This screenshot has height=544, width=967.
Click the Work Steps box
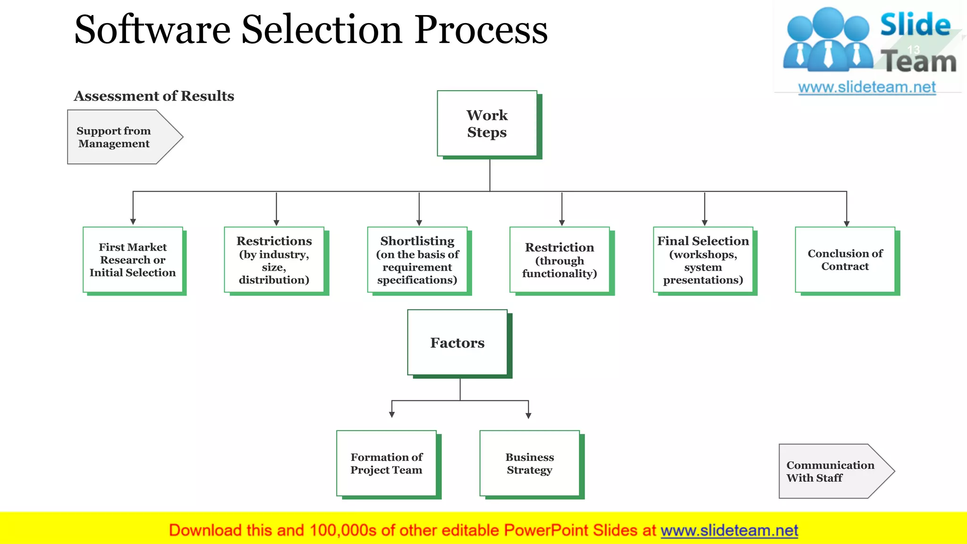(x=487, y=124)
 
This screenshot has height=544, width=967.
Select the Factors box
(x=457, y=343)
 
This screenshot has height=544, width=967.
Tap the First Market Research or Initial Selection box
(x=133, y=260)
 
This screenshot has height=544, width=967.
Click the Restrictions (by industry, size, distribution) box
(x=274, y=260)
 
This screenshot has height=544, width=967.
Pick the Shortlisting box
(x=417, y=260)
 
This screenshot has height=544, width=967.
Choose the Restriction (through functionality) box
(x=560, y=260)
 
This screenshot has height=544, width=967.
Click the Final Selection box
(x=703, y=260)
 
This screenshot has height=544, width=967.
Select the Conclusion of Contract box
(x=845, y=260)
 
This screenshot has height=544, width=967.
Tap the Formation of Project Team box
(x=386, y=463)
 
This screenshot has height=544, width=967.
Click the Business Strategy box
(x=529, y=463)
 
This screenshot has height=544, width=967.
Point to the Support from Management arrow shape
(x=118, y=137)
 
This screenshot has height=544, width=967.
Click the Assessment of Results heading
(x=154, y=96)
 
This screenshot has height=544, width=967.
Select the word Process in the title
(x=481, y=30)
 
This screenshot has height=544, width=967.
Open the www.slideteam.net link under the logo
(x=867, y=87)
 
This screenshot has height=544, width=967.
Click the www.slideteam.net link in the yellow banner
(x=729, y=530)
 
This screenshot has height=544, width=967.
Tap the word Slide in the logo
(x=915, y=25)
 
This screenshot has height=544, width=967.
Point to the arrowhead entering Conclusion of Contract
(x=847, y=224)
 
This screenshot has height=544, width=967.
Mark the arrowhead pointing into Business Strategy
(x=528, y=416)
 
